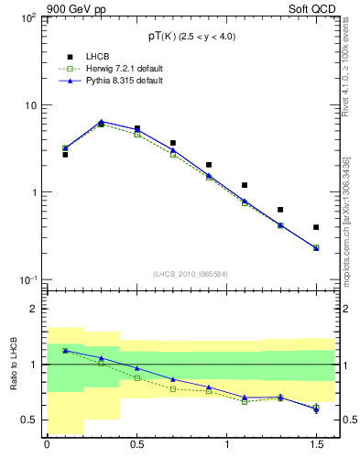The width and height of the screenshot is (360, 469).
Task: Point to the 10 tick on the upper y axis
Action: tap(28, 105)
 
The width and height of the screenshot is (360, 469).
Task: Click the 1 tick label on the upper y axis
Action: tap(32, 193)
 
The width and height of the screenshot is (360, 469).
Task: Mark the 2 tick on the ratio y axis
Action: tap(32, 310)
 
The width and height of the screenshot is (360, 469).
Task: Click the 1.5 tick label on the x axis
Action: tap(315, 447)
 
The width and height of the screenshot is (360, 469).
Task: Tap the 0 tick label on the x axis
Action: tap(47, 447)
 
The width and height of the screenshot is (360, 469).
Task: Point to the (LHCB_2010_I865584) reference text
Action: tap(190, 273)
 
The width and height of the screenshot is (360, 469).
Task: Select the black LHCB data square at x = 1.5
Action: tap(316, 227)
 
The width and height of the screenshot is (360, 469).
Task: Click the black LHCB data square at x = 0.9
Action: tap(209, 165)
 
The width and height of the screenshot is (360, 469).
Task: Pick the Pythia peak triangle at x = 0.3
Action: tap(101, 121)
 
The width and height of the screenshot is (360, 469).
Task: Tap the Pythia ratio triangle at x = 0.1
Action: tap(65, 350)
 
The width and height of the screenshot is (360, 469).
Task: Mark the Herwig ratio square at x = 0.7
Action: tap(173, 388)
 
